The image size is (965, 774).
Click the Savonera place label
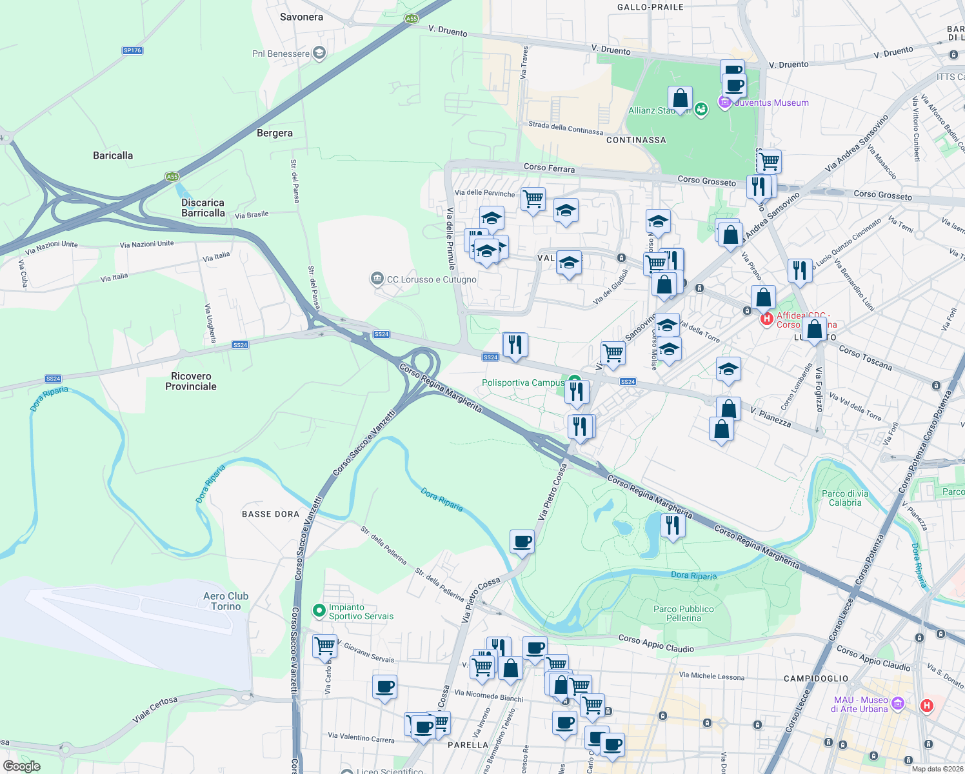click(x=301, y=17)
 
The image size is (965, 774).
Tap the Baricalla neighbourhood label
click(x=113, y=155)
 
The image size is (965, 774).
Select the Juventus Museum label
click(x=771, y=103)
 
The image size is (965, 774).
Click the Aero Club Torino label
click(x=225, y=601)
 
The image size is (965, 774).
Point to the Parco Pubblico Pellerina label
click(x=684, y=613)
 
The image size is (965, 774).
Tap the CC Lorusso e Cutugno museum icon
click(x=377, y=279)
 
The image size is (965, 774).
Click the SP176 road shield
click(x=132, y=50)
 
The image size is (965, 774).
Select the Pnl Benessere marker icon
click(x=319, y=53)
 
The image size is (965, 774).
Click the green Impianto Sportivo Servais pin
click(x=319, y=610)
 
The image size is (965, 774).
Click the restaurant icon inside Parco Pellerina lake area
click(x=672, y=525)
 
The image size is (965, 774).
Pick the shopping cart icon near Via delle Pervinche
click(x=533, y=199)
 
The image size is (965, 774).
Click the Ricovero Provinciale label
click(x=191, y=381)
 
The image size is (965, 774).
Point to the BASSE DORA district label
click(x=270, y=514)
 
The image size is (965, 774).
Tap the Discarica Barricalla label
click(x=203, y=208)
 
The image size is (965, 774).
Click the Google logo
click(x=21, y=766)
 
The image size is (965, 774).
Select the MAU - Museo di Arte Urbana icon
click(x=898, y=702)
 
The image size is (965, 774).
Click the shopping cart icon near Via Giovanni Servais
click(x=324, y=646)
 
